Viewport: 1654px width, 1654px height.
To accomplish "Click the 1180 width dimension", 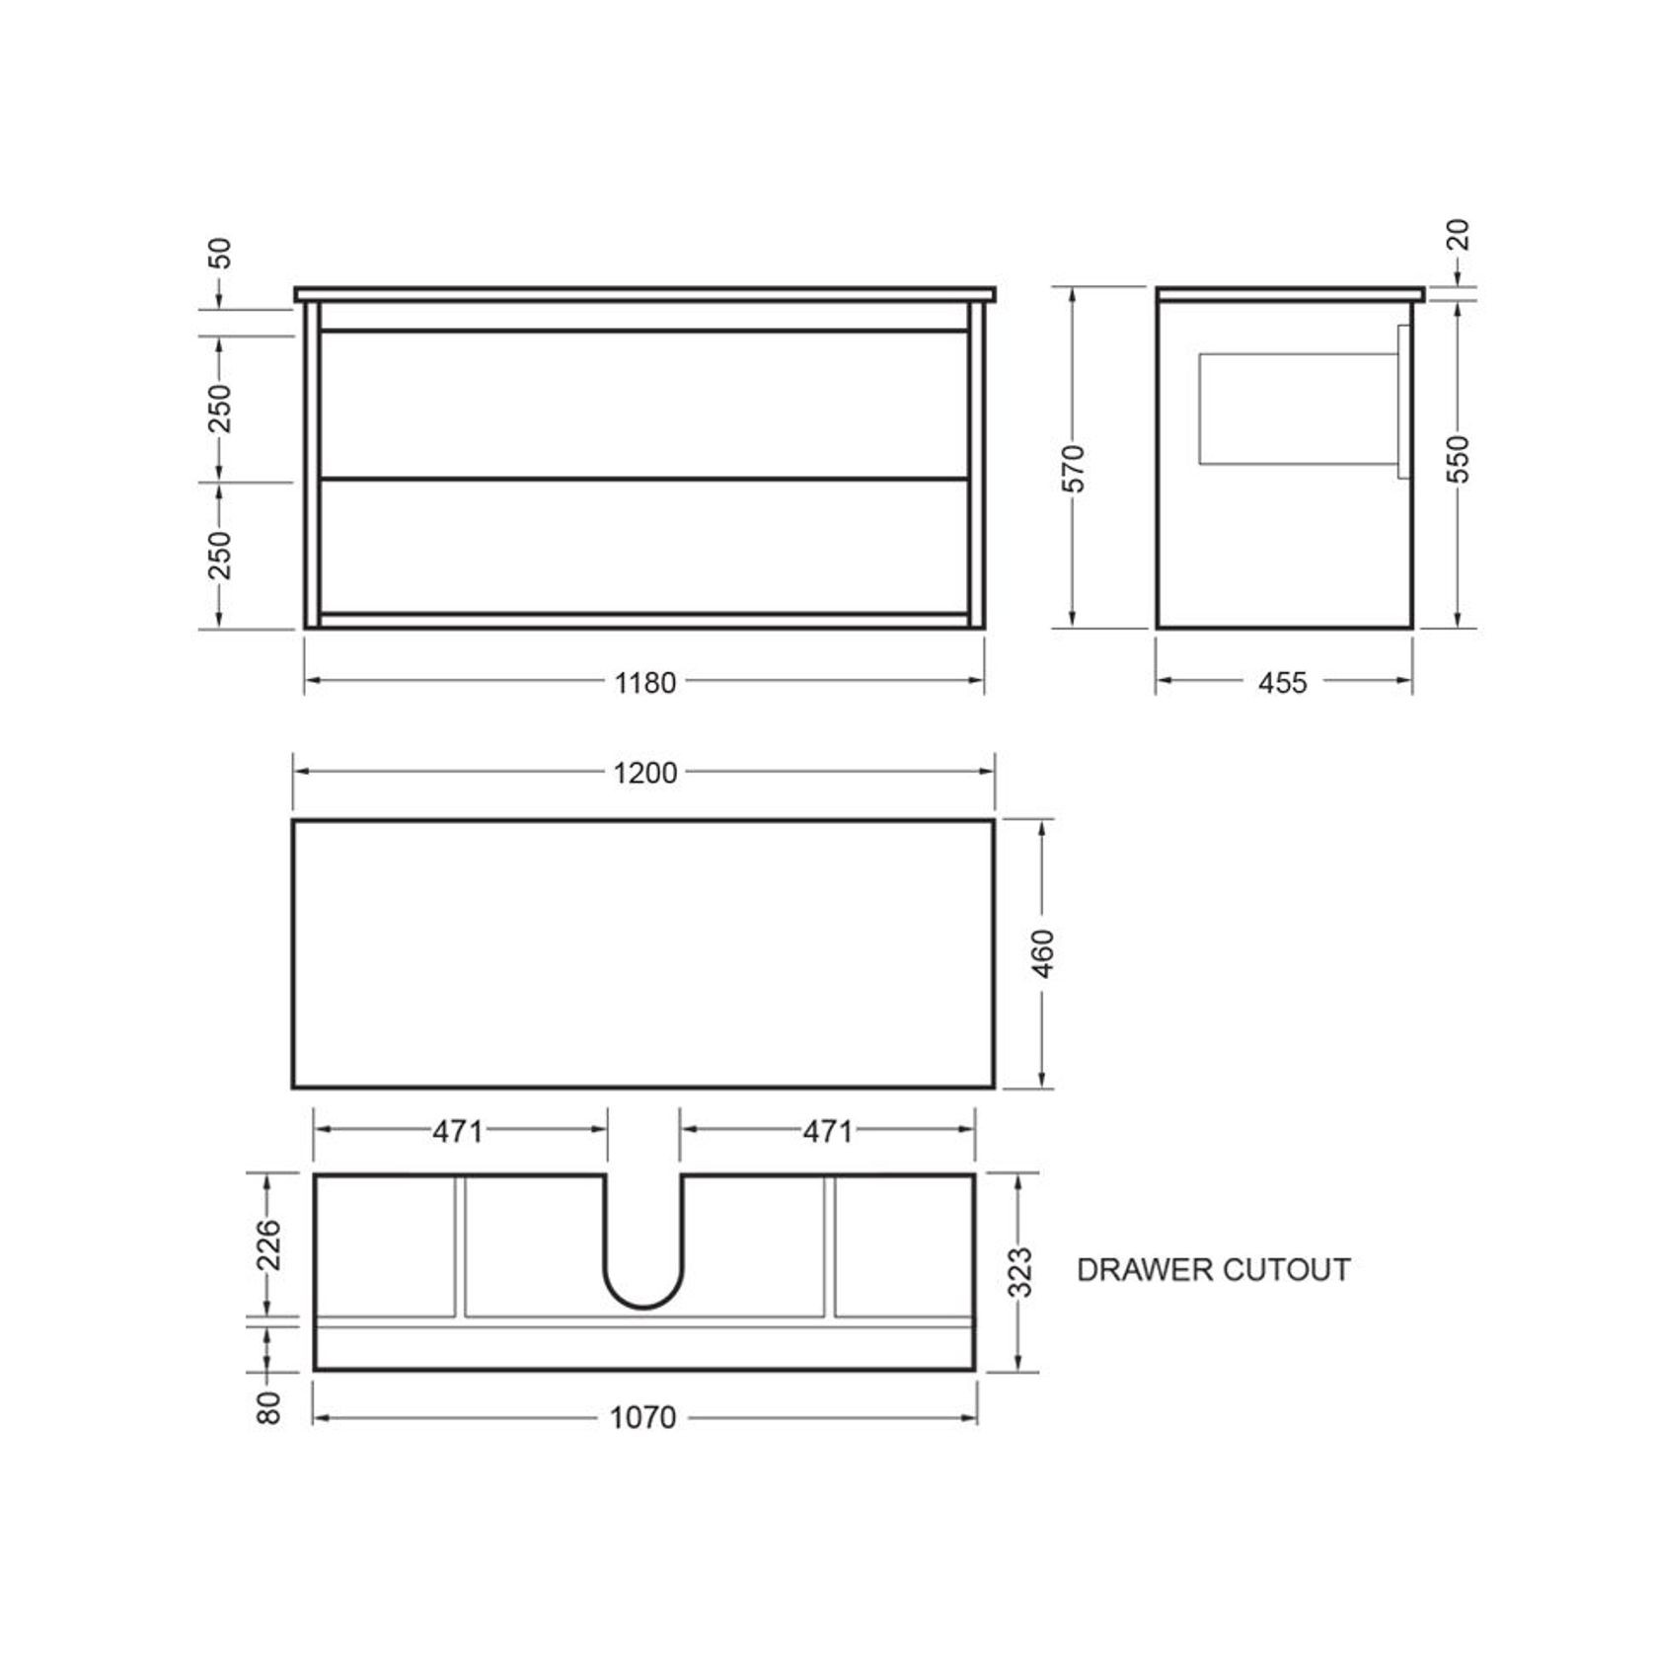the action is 645,682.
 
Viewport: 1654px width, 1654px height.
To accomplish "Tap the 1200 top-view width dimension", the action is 645,773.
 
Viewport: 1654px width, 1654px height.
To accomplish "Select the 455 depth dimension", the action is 1283,682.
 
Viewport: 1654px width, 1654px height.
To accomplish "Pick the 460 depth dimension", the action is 1043,953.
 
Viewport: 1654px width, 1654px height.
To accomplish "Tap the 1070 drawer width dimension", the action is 642,1417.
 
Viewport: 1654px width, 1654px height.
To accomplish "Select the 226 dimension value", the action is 269,1245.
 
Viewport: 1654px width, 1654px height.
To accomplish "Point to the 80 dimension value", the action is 269,1407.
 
